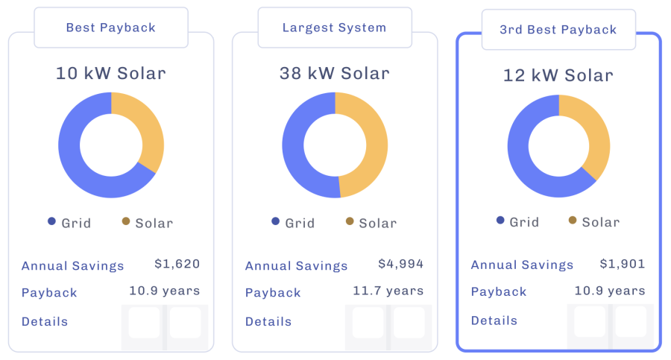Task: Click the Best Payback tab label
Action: point(110,28)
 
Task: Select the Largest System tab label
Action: point(334,28)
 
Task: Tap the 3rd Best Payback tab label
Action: point(558,30)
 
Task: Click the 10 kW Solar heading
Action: point(110,73)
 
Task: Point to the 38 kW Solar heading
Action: point(334,73)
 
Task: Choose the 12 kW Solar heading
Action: point(558,75)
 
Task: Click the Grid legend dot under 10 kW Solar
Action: point(51,221)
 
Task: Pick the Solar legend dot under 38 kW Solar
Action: point(350,221)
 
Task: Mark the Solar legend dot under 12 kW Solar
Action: point(573,221)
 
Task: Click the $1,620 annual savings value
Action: point(177,264)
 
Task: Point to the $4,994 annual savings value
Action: point(401,264)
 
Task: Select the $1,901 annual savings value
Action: point(623,264)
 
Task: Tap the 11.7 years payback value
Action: point(388,291)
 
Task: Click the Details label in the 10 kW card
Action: point(45,322)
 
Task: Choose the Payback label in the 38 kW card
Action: point(273,292)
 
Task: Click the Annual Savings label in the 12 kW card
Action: point(522,265)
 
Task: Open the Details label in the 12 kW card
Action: point(494,320)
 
